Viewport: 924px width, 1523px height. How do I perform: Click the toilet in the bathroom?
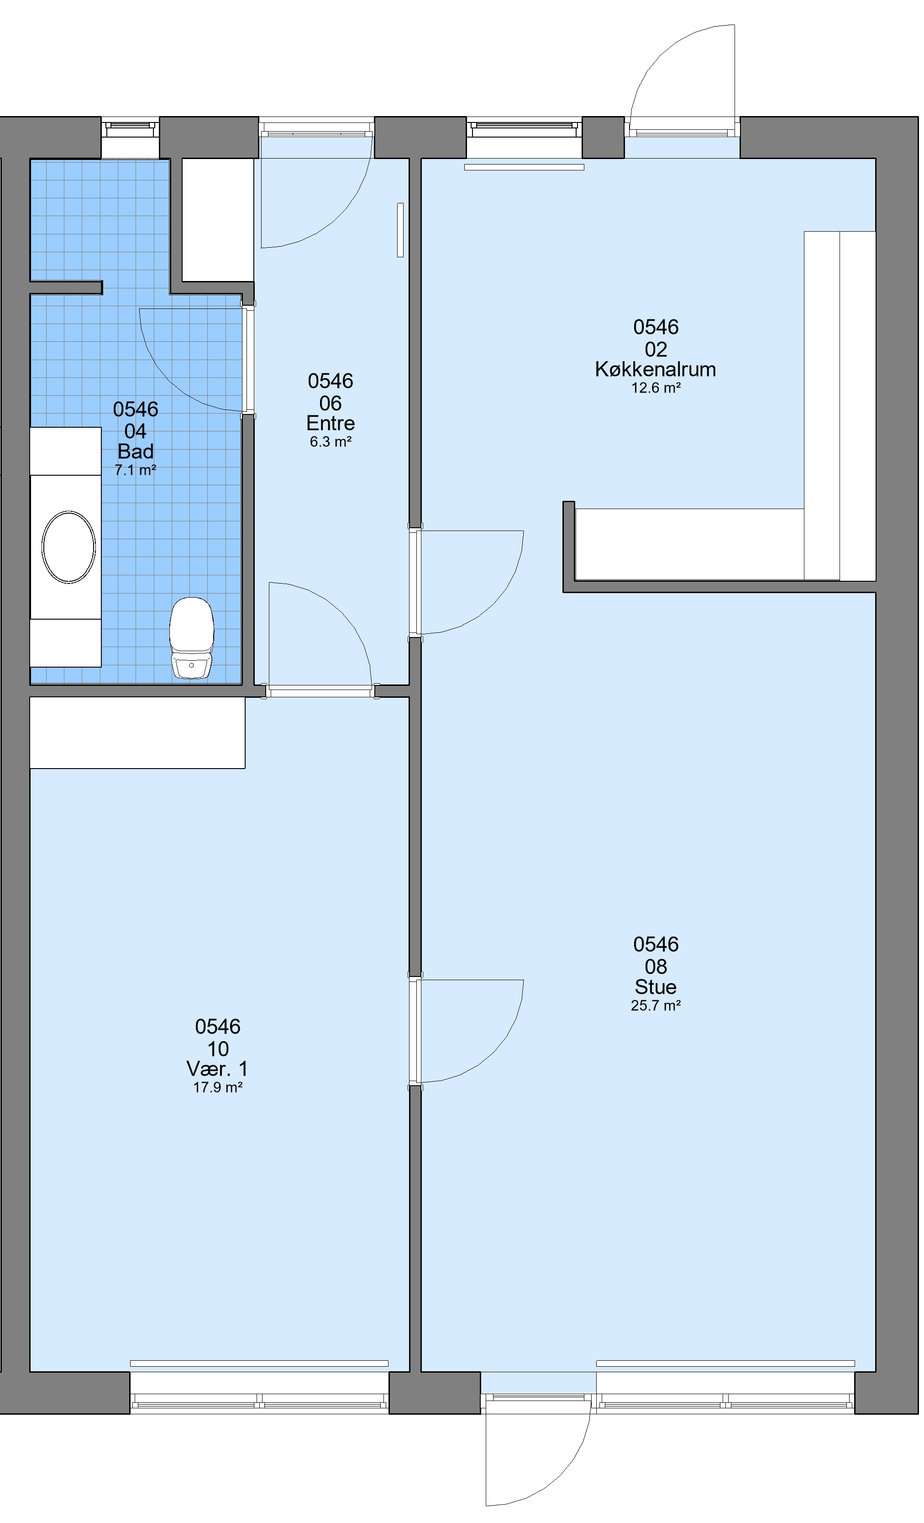[191, 637]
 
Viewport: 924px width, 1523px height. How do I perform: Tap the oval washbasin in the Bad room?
[68, 547]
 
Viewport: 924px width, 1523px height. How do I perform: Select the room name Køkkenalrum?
[655, 369]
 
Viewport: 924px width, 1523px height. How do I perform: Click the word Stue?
[655, 987]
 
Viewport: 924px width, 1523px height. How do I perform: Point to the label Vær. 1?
[217, 1069]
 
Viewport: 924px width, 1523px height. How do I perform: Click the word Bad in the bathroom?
[135, 451]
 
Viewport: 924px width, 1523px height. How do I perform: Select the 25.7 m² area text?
[655, 1006]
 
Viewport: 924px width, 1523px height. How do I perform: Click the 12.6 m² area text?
[655, 388]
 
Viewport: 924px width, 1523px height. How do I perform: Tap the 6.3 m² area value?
[331, 442]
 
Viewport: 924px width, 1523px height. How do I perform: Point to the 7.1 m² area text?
[135, 470]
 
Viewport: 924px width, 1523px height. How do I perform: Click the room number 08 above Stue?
[655, 966]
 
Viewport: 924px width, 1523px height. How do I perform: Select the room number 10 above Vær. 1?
[217, 1048]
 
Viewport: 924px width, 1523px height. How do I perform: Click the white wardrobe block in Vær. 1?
[137, 733]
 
